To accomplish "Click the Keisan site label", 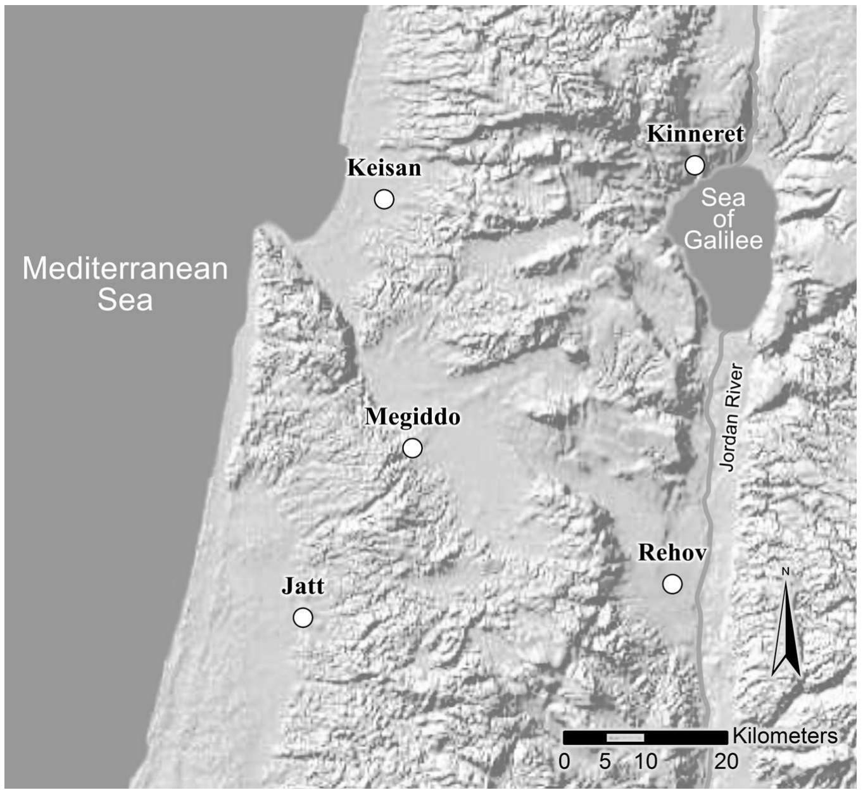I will coord(384,168).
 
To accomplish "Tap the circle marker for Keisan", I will coord(384,199).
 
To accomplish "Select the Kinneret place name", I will coord(695,134).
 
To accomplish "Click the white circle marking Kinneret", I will coord(695,165).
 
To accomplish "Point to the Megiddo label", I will coord(412,417).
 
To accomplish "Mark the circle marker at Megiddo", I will coord(412,448).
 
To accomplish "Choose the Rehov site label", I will coord(672,553).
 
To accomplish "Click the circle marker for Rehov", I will coord(672,584).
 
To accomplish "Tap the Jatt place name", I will coord(303,586).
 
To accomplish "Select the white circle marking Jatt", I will coord(303,617).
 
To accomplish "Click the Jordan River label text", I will coord(731,417).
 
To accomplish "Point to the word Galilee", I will coord(723,241).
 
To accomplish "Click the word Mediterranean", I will coord(125,268).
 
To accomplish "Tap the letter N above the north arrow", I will coord(786,572).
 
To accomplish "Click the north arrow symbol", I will coord(786,633).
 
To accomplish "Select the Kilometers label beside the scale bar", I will coord(784,736).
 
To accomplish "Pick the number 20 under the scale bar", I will coord(726,761).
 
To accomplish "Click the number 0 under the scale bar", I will coord(564,761).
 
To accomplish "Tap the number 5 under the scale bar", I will coord(605,761).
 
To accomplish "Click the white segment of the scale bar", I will coord(625,737).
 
